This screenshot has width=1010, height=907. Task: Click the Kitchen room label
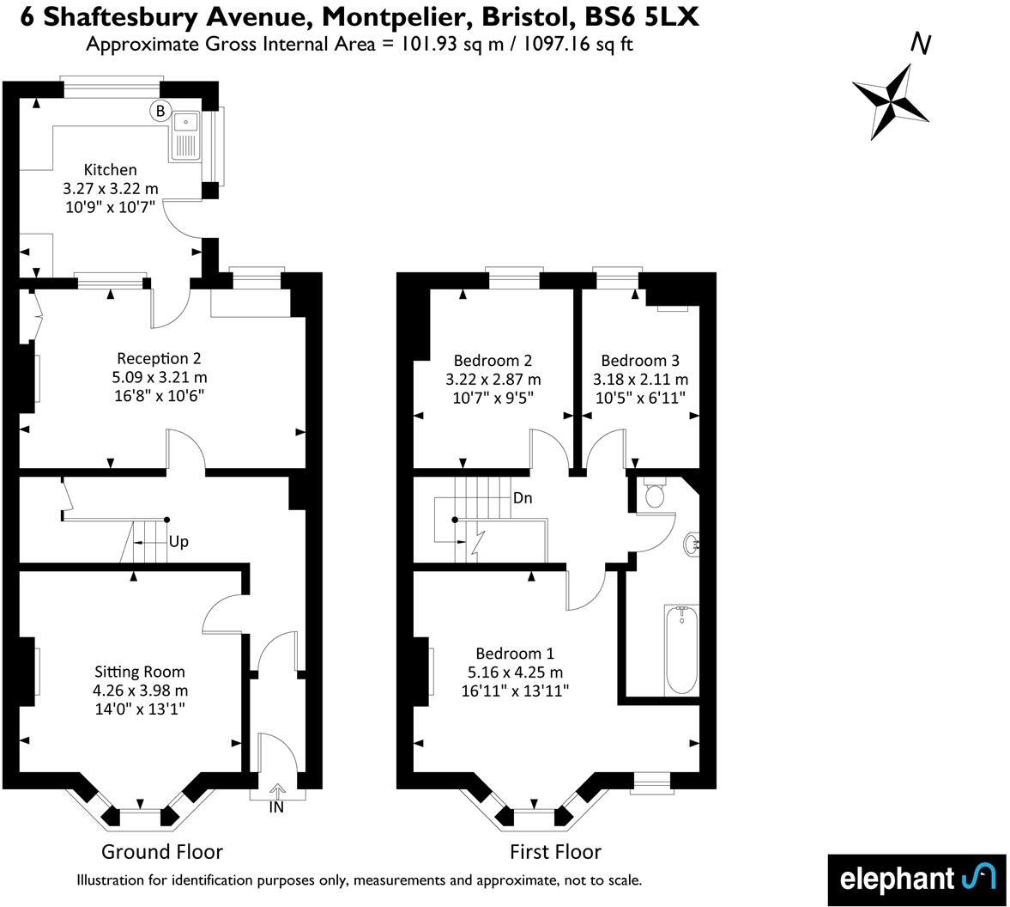110,170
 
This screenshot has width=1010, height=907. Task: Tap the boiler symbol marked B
160,110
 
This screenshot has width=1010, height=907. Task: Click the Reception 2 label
159,358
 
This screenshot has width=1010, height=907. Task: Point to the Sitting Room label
140,672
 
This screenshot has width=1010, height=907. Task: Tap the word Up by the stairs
178,542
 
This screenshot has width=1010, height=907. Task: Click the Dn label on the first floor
523,497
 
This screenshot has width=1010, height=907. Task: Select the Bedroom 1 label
509,654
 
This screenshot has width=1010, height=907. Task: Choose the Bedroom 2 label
493,361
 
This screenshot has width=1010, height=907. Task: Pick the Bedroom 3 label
640,361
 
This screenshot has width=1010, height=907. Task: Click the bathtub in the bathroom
681,648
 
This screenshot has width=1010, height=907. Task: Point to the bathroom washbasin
693,543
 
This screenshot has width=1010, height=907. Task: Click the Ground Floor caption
162,852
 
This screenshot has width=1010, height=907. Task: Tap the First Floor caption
555,852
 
